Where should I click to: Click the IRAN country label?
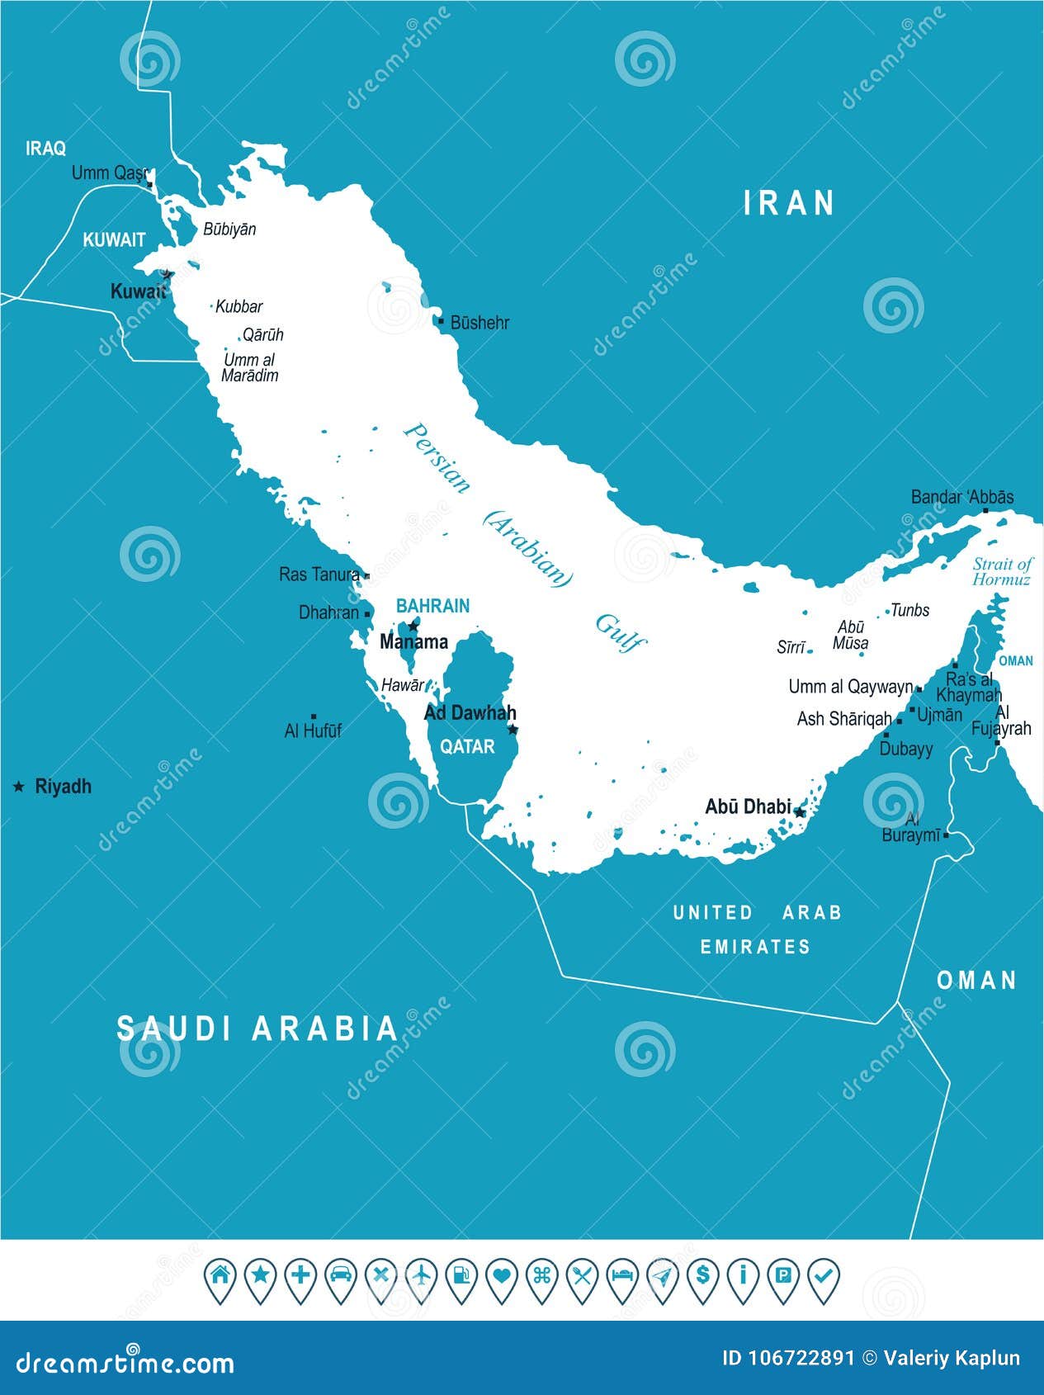click(789, 203)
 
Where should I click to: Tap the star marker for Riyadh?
click(18, 787)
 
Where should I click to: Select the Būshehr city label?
click(479, 323)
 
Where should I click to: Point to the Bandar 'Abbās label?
click(962, 497)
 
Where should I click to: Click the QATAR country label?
click(467, 746)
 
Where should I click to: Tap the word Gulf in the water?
click(621, 634)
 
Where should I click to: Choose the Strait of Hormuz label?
click(1001, 571)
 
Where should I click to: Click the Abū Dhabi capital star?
click(799, 812)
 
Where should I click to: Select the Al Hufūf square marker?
click(313, 716)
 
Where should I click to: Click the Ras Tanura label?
click(319, 574)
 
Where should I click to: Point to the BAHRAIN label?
click(432, 606)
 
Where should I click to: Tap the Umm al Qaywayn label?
click(850, 687)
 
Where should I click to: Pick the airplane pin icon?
click(421, 1276)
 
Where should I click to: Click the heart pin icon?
click(501, 1276)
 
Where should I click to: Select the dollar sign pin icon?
click(702, 1276)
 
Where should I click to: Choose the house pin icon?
click(220, 1276)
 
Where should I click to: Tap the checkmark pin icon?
click(823, 1276)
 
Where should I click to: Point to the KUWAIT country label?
click(114, 240)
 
